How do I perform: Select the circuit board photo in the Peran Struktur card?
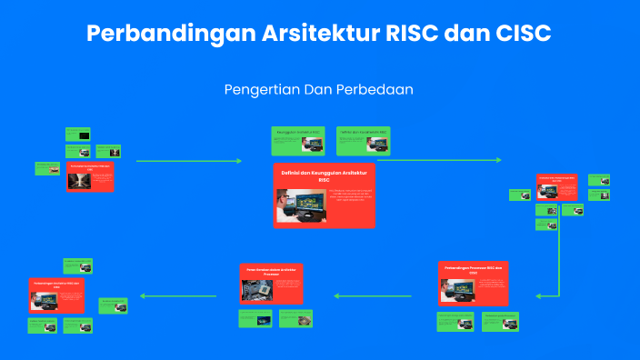click(x=259, y=289)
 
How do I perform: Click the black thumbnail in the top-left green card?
click(x=84, y=135)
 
